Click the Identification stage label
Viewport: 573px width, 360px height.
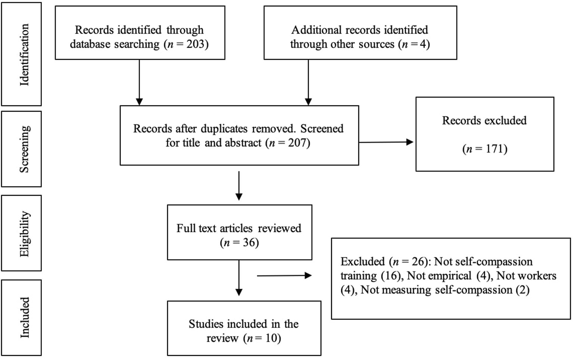pos(24,55)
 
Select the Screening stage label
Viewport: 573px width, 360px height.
pos(24,149)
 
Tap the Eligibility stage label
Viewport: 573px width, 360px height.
pos(24,233)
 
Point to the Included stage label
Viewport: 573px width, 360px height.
pos(24,317)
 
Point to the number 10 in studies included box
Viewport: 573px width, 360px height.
pos(271,338)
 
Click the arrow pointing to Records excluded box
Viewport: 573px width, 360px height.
pos(386,142)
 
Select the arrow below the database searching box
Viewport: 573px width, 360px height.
pos(139,82)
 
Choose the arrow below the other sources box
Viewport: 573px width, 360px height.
pos(308,82)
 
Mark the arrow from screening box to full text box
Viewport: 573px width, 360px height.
pos(239,186)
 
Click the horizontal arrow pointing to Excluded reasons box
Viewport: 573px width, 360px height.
pos(284,276)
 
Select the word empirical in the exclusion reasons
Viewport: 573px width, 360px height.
pos(449,276)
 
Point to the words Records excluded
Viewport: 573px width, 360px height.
pos(484,120)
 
